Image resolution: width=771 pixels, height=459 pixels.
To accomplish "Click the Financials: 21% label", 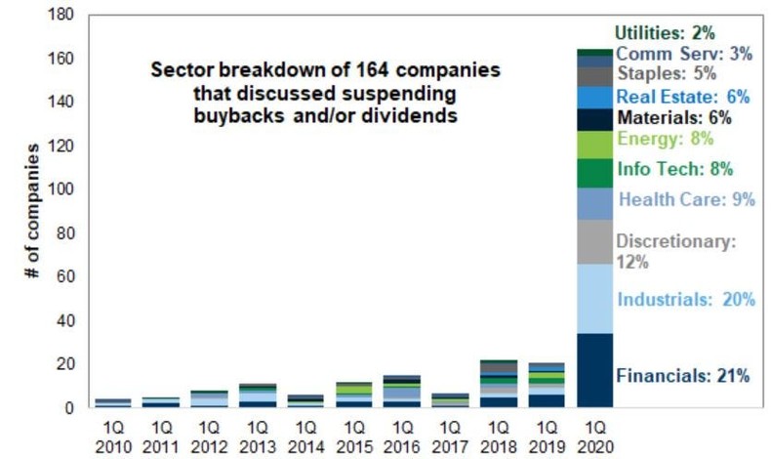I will coord(682,375).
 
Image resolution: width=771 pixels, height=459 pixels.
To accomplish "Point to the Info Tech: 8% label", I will coord(674,169).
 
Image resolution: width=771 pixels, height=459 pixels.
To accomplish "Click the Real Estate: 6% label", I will coord(680,97).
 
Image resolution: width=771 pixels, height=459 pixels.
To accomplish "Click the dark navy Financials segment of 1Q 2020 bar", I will coord(594,370).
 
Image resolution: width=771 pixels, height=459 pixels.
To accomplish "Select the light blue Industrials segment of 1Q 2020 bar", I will coord(594,298).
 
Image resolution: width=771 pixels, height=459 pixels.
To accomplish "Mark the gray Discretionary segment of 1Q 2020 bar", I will coord(594,241).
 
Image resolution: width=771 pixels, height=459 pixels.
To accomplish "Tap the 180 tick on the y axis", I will coord(61,17).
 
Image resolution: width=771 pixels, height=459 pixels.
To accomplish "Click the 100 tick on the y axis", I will coord(61,188).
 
